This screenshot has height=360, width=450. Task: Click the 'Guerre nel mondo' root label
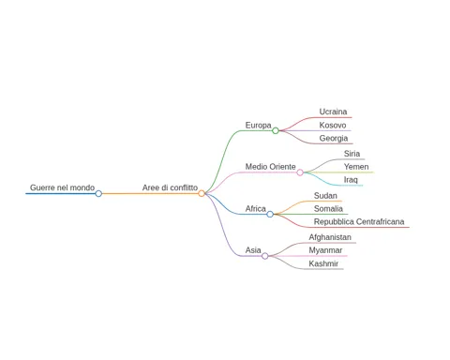[62, 187]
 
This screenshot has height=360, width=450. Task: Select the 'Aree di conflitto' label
[170, 187]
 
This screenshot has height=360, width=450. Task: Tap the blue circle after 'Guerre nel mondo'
[98, 193]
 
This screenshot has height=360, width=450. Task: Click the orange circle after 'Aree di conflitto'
[202, 193]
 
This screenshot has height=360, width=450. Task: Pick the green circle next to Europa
[276, 130]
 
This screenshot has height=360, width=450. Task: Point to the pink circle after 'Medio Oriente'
[300, 172]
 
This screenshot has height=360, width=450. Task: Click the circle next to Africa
[270, 214]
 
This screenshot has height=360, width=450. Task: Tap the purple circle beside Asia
[265, 256]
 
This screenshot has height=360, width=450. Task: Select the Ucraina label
[333, 112]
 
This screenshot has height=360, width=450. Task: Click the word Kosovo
[333, 125]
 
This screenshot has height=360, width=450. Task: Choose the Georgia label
[334, 138]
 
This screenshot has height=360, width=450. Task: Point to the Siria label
[352, 154]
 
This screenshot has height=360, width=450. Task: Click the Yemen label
[356, 167]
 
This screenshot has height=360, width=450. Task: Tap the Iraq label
[351, 180]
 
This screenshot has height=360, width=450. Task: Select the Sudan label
[325, 196]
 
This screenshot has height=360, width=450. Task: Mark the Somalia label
[328, 208]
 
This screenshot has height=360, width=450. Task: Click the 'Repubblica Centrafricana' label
[359, 221]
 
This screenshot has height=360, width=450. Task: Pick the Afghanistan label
[330, 237]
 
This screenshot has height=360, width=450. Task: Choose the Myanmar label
[325, 250]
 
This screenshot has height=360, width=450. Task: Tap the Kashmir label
[323, 263]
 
